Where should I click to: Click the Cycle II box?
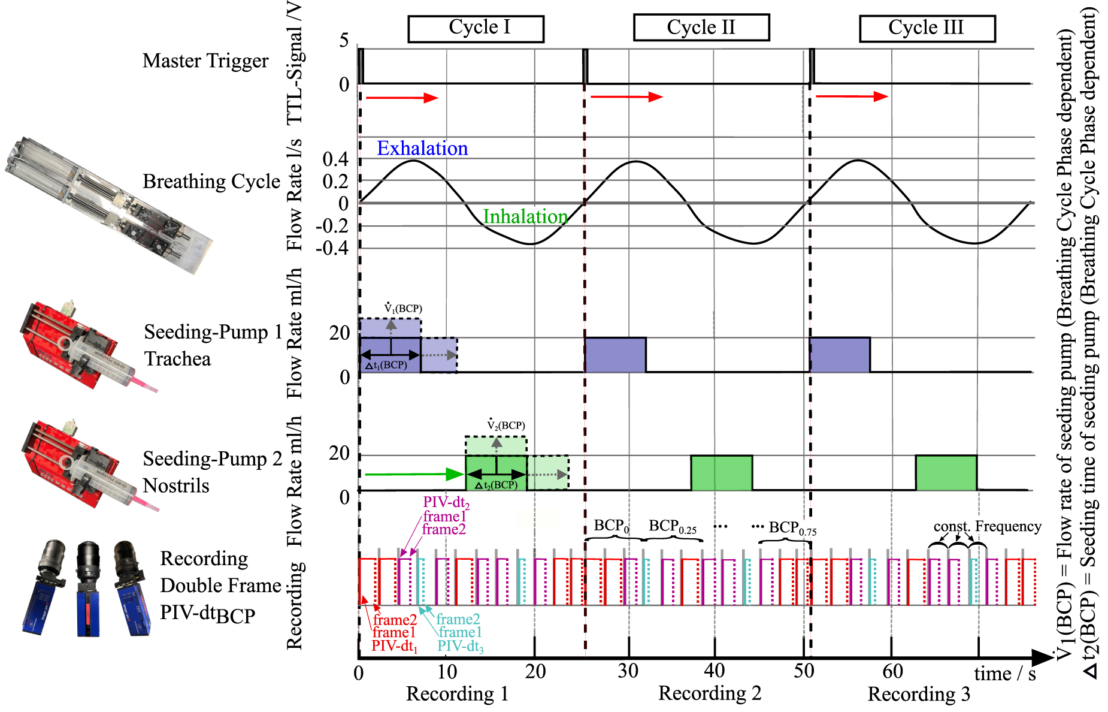click(701, 28)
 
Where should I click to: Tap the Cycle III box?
click(927, 28)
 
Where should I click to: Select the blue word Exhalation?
click(422, 148)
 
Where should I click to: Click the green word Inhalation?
click(525, 216)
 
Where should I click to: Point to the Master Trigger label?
click(205, 61)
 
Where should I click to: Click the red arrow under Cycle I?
click(402, 98)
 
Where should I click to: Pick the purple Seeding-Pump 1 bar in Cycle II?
click(616, 355)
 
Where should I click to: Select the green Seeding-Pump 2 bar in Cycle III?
click(946, 473)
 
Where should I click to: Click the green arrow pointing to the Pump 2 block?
click(413, 475)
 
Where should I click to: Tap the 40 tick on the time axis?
click(715, 671)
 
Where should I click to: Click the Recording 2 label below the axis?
click(710, 693)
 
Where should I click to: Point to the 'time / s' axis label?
click(1004, 674)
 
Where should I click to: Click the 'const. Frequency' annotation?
click(987, 526)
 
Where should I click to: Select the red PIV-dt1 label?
click(394, 646)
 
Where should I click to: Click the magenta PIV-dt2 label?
click(446, 502)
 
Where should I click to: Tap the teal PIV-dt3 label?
click(460, 646)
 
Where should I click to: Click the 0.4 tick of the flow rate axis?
click(335, 159)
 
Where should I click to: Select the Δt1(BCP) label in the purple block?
click(386, 365)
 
